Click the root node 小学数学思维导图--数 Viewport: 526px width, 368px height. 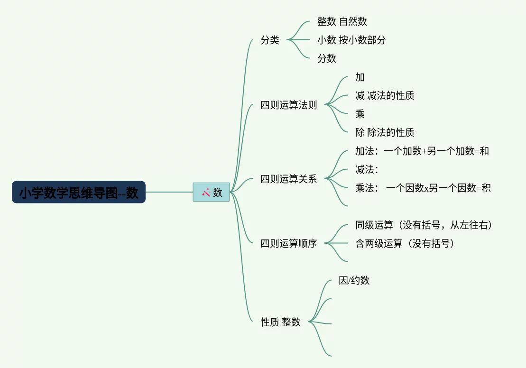tap(79, 192)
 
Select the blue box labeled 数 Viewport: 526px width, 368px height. tap(212, 192)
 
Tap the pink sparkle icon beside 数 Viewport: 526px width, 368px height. tap(206, 192)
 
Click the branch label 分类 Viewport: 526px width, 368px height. tap(270, 40)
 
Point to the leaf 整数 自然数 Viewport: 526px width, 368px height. tap(342, 21)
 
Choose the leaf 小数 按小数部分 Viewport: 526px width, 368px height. tap(351, 40)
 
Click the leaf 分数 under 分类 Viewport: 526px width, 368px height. tap(327, 58)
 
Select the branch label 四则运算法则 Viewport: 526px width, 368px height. tap(289, 105)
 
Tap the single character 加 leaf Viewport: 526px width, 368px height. tap(360, 77)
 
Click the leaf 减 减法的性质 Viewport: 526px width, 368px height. tap(385, 95)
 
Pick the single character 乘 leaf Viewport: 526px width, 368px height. tap(360, 114)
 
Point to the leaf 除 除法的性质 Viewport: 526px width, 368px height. tap(385, 132)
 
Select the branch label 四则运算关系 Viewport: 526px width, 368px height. tap(289, 179)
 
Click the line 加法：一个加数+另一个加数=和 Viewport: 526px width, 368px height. tap(422, 151)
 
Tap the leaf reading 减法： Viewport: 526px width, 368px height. tap(367, 169)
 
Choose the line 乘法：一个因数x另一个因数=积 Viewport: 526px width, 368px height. tap(423, 188)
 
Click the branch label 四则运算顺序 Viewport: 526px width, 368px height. tap(289, 244)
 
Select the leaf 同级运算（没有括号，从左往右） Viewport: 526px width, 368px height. tap(424, 225)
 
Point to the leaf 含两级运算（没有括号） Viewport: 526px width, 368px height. tap(406, 244)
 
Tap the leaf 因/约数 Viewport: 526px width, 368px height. tap(354, 280)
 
